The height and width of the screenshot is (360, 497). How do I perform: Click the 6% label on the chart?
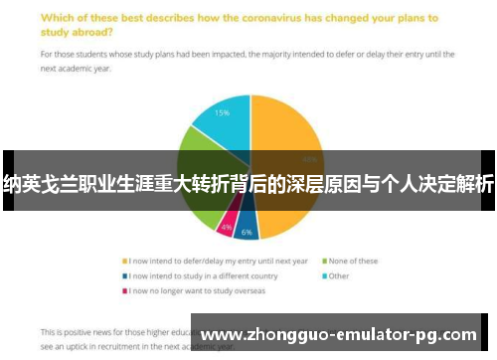(x=247, y=232)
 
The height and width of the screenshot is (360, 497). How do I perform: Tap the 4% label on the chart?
(x=227, y=228)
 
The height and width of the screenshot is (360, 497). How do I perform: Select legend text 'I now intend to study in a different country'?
(x=199, y=275)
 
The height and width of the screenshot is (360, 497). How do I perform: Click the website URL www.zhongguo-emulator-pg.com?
(x=339, y=335)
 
